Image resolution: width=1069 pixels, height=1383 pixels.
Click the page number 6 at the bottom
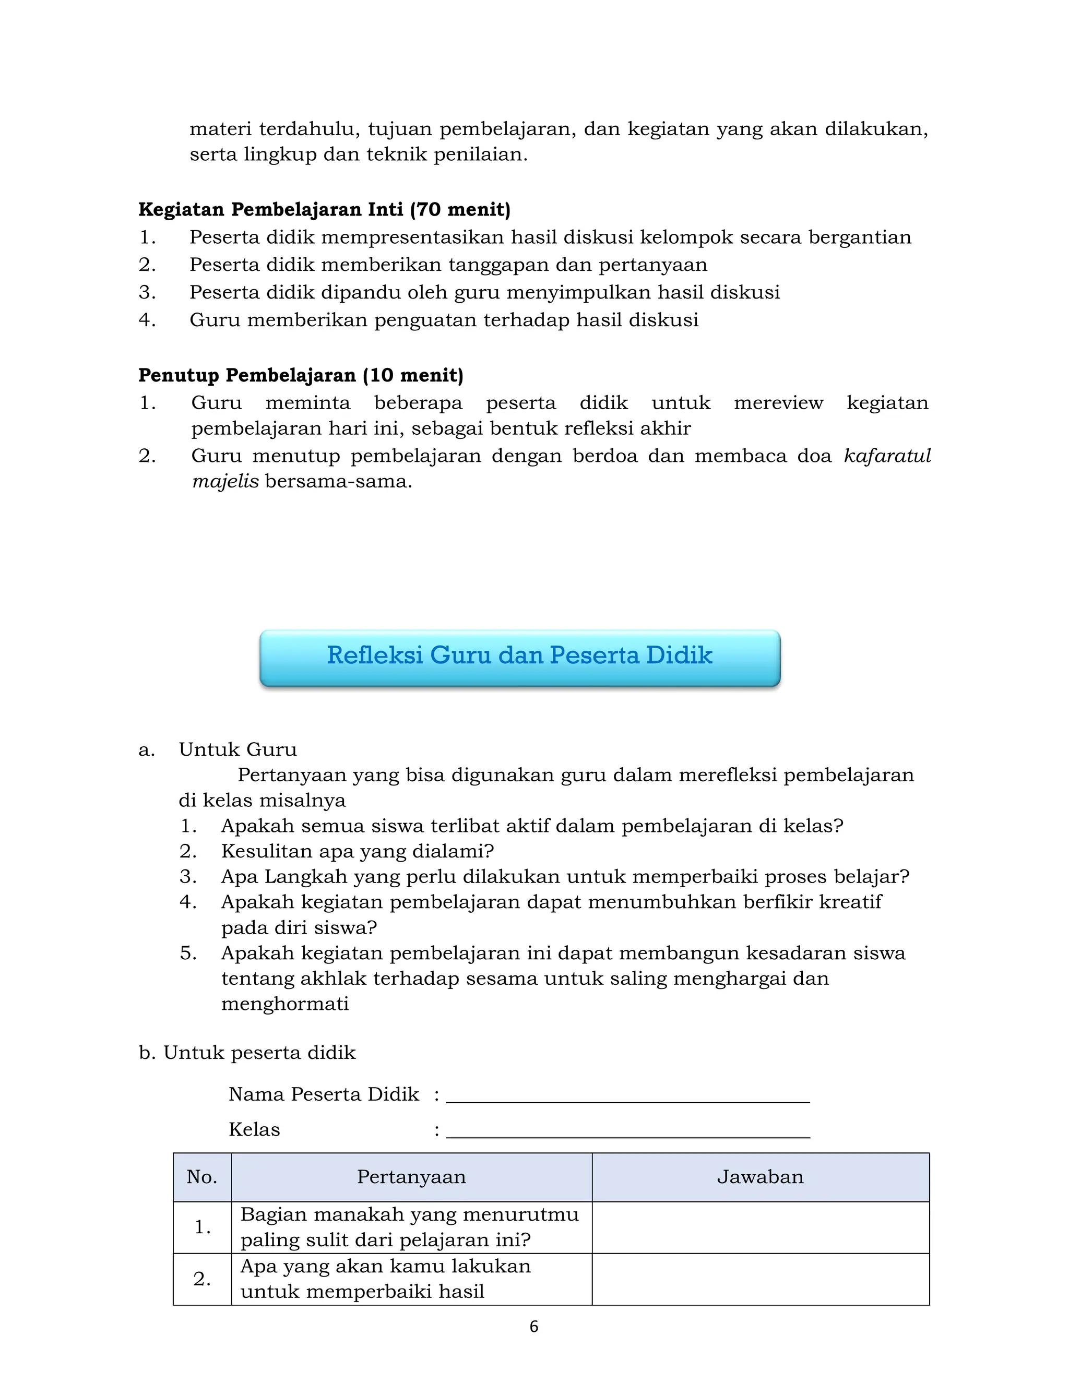[533, 1327]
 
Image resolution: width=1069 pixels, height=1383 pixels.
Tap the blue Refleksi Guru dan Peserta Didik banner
[519, 657]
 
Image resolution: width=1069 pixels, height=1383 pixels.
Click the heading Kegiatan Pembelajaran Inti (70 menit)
[324, 210]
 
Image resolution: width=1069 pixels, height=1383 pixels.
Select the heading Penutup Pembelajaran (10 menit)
[301, 376]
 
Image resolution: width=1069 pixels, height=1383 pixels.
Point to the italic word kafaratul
[887, 456]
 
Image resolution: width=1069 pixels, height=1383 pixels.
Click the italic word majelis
[225, 482]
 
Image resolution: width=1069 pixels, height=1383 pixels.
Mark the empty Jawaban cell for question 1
[760, 1227]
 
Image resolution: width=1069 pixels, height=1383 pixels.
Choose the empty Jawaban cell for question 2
[760, 1279]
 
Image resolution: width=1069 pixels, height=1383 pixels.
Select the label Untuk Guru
[237, 750]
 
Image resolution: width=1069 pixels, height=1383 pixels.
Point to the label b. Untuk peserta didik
[247, 1053]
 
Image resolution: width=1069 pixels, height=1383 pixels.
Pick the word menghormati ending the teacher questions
[285, 1004]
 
